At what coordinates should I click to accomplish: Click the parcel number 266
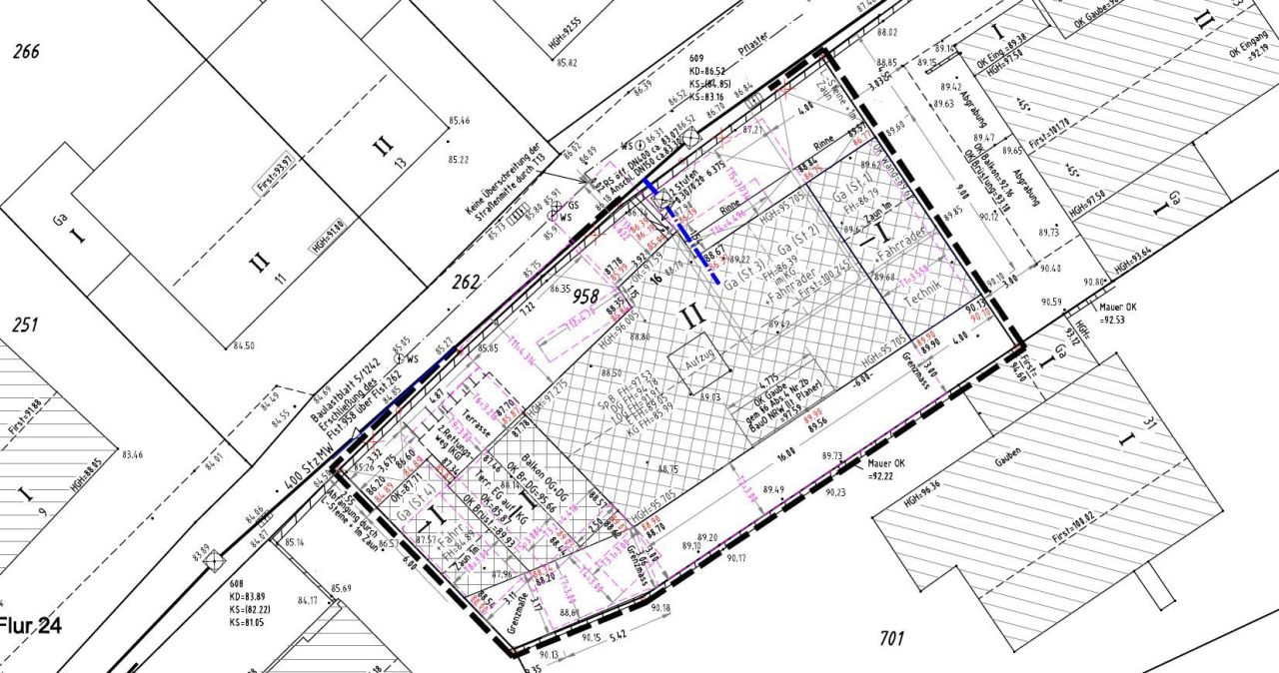pyautogui.click(x=26, y=52)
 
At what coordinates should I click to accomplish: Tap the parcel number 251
pyautogui.click(x=25, y=326)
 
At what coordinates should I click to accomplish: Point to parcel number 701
pyautogui.click(x=892, y=635)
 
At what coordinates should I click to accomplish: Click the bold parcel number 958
pyautogui.click(x=587, y=297)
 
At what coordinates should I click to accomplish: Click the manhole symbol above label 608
pyautogui.click(x=212, y=562)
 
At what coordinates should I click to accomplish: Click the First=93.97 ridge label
pyautogui.click(x=275, y=162)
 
